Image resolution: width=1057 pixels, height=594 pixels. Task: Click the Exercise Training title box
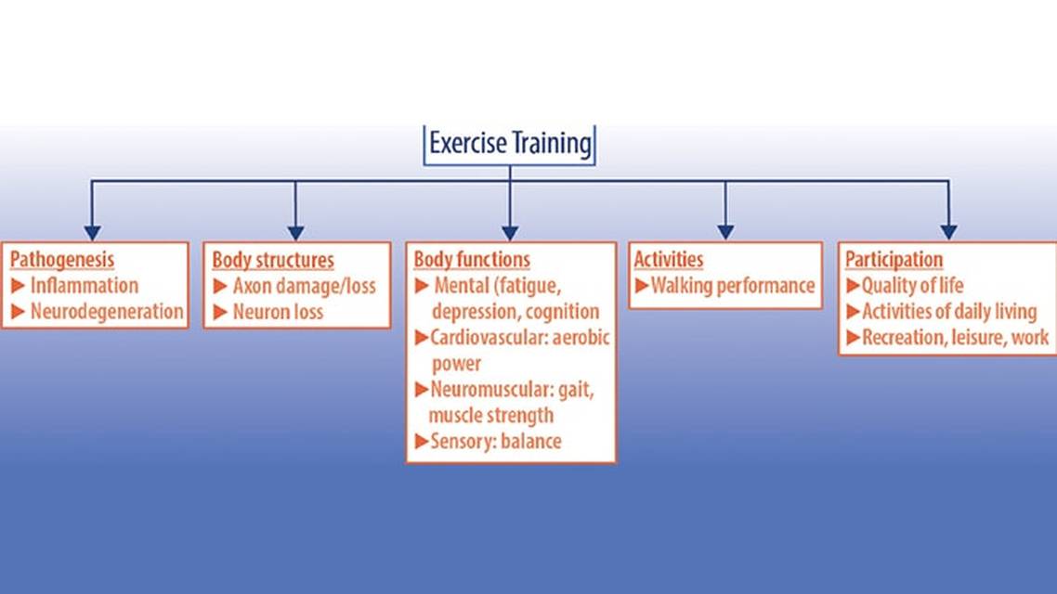(509, 145)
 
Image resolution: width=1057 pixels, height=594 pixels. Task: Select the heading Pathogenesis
(62, 260)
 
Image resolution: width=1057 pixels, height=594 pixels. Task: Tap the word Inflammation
(85, 286)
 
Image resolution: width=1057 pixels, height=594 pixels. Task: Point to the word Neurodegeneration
(107, 312)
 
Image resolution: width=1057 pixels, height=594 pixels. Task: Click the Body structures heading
(273, 260)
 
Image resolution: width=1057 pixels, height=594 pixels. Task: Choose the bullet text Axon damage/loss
(305, 286)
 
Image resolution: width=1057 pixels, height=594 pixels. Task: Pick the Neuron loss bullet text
(278, 312)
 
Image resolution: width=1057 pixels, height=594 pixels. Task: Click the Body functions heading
(472, 260)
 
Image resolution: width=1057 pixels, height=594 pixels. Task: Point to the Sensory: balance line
(496, 441)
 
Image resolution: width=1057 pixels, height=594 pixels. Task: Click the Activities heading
(668, 260)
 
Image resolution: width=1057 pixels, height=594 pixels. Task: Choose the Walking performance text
(733, 286)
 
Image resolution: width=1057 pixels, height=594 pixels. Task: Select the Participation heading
(894, 260)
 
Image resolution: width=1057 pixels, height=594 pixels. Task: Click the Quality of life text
(912, 286)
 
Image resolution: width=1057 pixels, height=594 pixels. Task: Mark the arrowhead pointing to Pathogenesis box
(92, 232)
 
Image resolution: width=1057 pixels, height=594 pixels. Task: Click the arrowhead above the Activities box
(725, 232)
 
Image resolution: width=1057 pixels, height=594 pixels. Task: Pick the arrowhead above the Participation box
(948, 232)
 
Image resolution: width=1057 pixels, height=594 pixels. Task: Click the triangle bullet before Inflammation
(18, 286)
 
